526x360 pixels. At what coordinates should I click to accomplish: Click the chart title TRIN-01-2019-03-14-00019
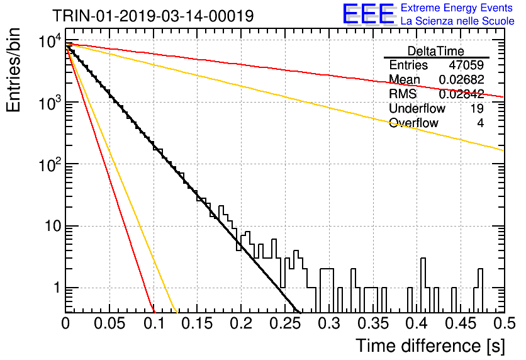(x=153, y=16)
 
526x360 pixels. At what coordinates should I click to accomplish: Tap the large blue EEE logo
(x=368, y=14)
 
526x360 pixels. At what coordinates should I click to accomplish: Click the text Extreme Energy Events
(x=457, y=8)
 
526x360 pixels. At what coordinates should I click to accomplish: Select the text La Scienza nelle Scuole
(x=457, y=21)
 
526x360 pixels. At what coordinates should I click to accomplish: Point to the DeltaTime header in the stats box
(x=436, y=51)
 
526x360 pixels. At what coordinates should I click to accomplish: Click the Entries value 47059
(x=466, y=65)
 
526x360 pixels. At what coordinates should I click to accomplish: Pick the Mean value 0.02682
(x=462, y=79)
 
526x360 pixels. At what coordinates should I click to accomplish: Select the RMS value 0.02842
(x=462, y=94)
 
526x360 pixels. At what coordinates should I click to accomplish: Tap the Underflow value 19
(x=476, y=108)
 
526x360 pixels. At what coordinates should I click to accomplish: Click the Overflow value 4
(x=480, y=123)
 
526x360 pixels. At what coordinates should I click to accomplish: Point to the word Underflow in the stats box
(x=417, y=108)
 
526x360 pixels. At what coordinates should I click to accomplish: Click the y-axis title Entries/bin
(x=13, y=70)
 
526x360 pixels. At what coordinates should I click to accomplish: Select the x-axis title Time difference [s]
(x=430, y=346)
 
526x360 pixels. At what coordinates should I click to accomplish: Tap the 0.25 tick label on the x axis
(x=286, y=323)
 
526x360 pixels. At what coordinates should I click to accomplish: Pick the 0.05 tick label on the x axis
(x=109, y=323)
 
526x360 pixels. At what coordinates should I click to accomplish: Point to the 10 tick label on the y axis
(x=53, y=226)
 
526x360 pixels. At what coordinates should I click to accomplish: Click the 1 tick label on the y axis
(x=57, y=288)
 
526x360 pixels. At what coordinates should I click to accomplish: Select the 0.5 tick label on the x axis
(x=505, y=323)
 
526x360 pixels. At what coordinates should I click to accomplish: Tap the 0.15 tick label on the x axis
(x=198, y=323)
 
